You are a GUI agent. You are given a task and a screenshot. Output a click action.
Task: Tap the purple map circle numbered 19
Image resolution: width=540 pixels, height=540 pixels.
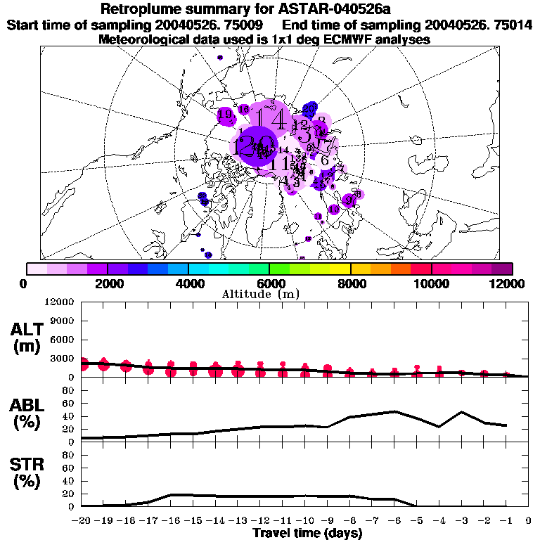(226, 116)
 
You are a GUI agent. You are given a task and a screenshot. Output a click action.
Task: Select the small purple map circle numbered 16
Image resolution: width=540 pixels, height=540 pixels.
(243, 110)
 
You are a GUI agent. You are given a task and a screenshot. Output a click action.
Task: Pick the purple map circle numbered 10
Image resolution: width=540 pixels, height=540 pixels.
(334, 209)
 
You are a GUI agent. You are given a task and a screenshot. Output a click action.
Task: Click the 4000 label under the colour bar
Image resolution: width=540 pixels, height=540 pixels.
(188, 283)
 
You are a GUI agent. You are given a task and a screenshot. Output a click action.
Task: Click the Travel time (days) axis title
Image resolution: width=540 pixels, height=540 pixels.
(307, 533)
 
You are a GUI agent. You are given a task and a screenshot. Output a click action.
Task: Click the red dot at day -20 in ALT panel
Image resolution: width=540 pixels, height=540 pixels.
(82, 364)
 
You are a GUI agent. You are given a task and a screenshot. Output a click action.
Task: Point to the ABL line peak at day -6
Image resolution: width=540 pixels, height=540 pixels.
(394, 411)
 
